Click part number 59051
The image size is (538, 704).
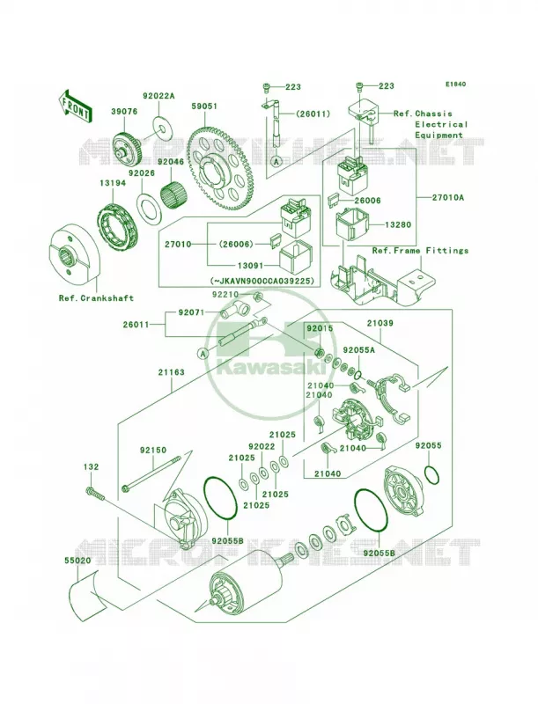(x=204, y=106)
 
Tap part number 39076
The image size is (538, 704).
(x=124, y=112)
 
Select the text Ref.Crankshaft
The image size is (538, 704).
(x=96, y=297)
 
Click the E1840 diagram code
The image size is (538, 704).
(x=455, y=84)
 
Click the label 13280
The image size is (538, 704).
(x=398, y=224)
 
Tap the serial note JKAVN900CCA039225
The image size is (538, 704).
(x=262, y=281)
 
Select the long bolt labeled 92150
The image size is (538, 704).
(x=151, y=472)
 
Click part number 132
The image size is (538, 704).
(x=91, y=467)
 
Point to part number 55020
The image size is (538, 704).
(x=77, y=561)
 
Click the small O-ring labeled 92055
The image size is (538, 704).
(x=431, y=475)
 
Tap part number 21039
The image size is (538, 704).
(x=380, y=323)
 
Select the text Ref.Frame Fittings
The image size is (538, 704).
(x=420, y=251)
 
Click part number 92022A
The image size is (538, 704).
(x=158, y=96)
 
